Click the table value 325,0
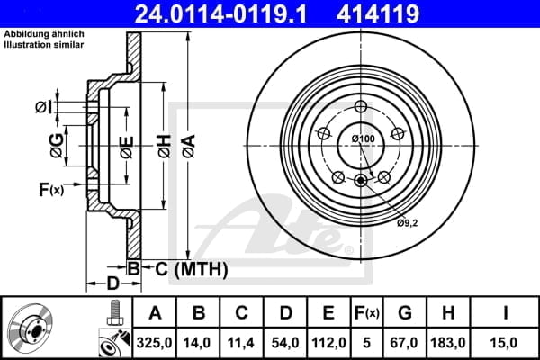pos(155,341)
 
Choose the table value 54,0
pos(286,341)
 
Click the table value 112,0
pos(329,341)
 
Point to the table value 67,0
pos(405,341)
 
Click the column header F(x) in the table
pos(367,313)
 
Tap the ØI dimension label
pos(42,107)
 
